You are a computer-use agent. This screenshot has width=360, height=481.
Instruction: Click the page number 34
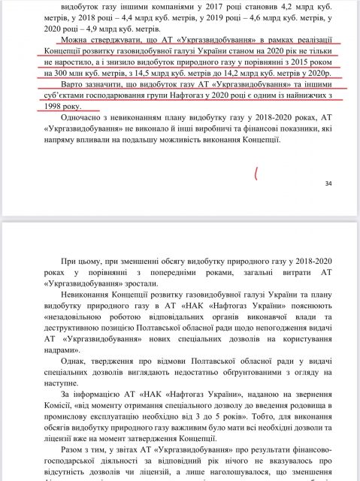(x=328, y=184)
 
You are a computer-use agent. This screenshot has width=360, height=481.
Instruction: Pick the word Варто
(x=78, y=85)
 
